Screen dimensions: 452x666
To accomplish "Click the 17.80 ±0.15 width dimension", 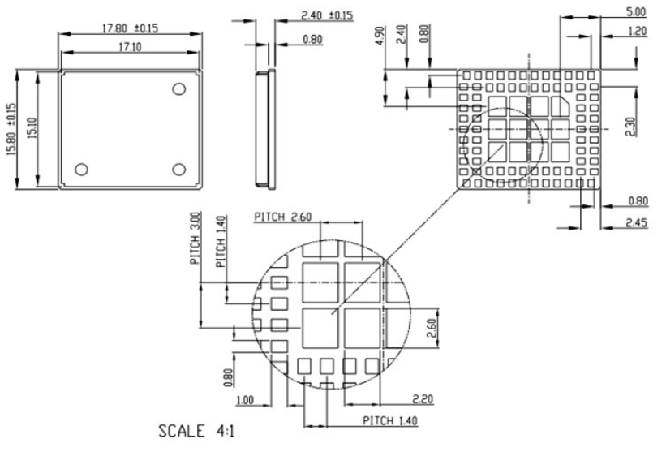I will (x=130, y=28).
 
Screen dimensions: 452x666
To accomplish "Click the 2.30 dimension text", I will (x=639, y=126).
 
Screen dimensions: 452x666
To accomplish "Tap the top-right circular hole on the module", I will (x=180, y=88).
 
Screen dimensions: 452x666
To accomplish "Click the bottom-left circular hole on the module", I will (x=81, y=169).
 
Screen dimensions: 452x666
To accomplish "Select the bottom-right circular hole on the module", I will (x=180, y=169).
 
